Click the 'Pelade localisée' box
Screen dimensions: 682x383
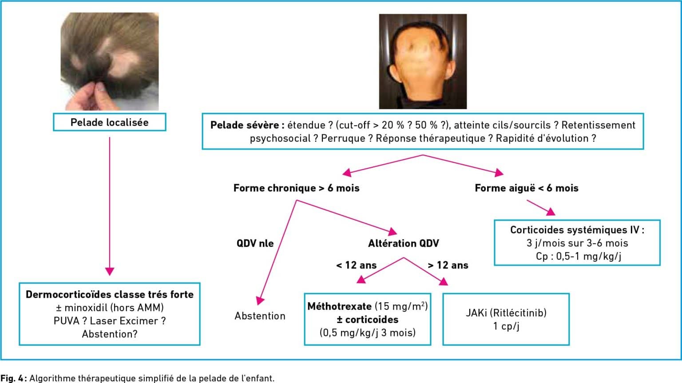pyautogui.click(x=110, y=122)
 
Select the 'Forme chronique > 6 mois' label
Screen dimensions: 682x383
pyautogui.click(x=297, y=188)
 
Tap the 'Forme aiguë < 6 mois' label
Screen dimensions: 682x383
pyautogui.click(x=527, y=188)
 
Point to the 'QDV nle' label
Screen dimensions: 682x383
pyautogui.click(x=255, y=243)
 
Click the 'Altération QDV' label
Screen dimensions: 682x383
pyautogui.click(x=404, y=243)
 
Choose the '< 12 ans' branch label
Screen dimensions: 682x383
pyautogui.click(x=357, y=265)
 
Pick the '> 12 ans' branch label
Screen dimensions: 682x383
pyautogui.click(x=448, y=265)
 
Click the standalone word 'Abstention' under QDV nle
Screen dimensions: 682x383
pyautogui.click(x=260, y=316)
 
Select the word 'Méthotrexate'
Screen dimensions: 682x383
pyautogui.click(x=340, y=306)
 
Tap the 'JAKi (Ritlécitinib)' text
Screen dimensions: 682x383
pyautogui.click(x=506, y=313)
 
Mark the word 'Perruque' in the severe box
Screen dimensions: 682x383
pyautogui.click(x=343, y=138)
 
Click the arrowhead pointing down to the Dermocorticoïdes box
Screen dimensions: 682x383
pyautogui.click(x=110, y=271)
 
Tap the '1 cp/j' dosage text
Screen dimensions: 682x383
pyautogui.click(x=506, y=327)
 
